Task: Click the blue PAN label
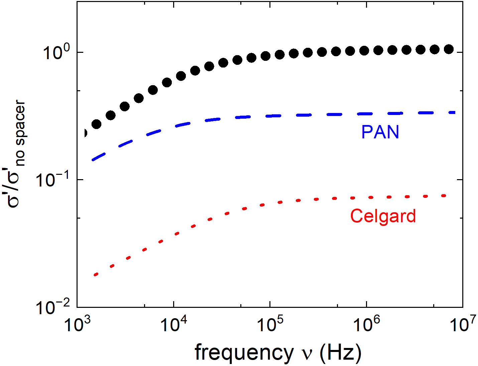[380, 132]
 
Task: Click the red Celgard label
[383, 216]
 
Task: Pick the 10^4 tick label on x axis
[174, 324]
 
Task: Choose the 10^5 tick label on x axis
[270, 324]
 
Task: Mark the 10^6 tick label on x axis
[367, 324]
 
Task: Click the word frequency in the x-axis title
[244, 352]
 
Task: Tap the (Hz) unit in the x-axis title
[341, 352]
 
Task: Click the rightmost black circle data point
[449, 49]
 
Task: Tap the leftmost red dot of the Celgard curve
[96, 274]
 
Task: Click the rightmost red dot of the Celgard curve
[444, 196]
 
